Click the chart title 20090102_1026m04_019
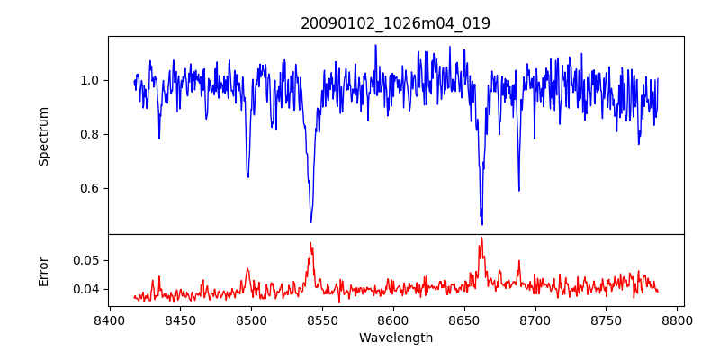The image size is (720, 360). coord(395,23)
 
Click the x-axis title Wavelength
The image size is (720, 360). coord(395,337)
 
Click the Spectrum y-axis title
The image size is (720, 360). coord(44,136)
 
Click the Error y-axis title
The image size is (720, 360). coord(44,271)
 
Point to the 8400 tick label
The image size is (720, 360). coord(109,319)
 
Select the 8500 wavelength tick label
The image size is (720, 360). coord(251,319)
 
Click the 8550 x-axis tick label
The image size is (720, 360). coord(322,319)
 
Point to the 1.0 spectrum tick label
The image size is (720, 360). coord(88,80)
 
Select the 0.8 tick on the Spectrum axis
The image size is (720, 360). coord(88,134)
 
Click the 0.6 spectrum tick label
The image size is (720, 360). coord(88,188)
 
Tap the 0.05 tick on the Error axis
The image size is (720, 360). coord(85,260)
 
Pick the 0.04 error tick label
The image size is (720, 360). coord(85,289)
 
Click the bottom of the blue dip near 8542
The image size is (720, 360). coord(311,222)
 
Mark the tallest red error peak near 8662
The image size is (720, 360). coord(481,238)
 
